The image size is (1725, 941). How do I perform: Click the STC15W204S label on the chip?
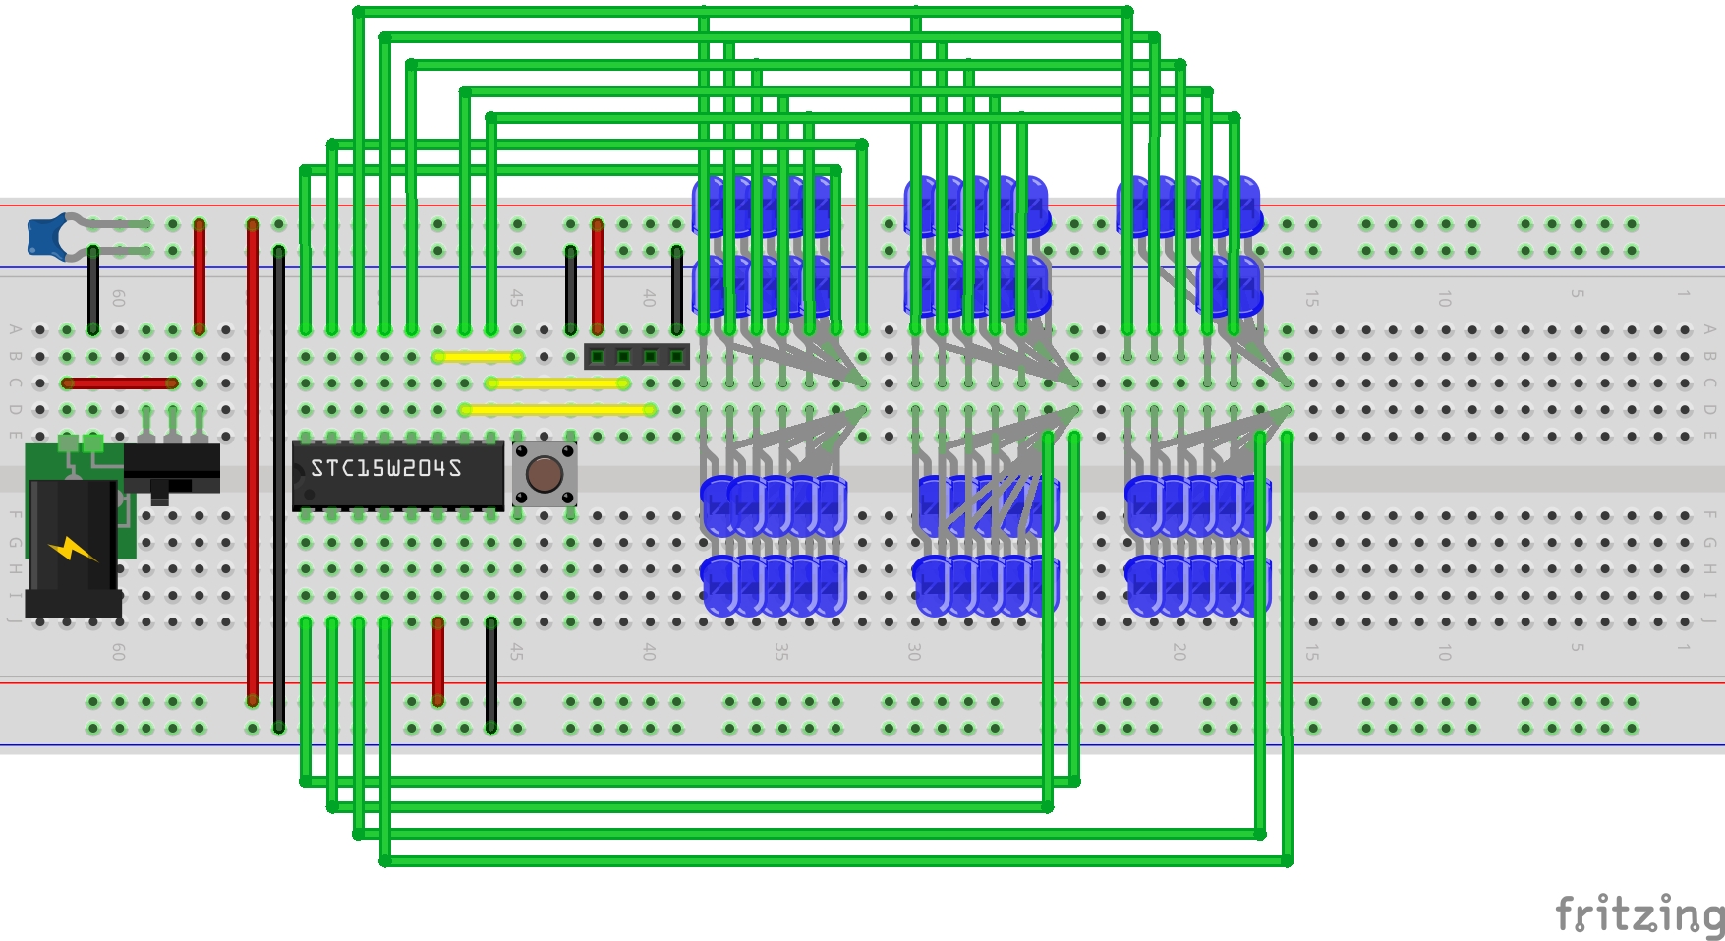(x=385, y=468)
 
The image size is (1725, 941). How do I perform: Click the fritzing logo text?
(x=1639, y=914)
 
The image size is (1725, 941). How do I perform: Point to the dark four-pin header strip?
(x=636, y=356)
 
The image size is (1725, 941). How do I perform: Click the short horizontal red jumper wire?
(x=119, y=383)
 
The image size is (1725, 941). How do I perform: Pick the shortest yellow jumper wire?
(x=478, y=357)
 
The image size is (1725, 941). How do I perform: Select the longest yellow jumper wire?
(x=557, y=410)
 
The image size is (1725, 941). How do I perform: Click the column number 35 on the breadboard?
(x=781, y=651)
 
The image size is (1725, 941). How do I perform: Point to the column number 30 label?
(x=914, y=651)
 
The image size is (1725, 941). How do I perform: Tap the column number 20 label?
(x=1179, y=651)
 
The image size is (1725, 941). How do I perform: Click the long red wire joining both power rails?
(x=253, y=462)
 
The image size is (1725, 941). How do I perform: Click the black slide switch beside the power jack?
(x=172, y=469)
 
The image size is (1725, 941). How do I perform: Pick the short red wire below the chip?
(x=438, y=661)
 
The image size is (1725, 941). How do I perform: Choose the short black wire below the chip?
(x=491, y=675)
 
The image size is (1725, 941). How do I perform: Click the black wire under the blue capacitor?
(x=93, y=290)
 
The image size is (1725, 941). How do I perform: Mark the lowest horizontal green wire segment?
(x=835, y=861)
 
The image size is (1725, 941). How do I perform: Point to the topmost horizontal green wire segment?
(x=742, y=12)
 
